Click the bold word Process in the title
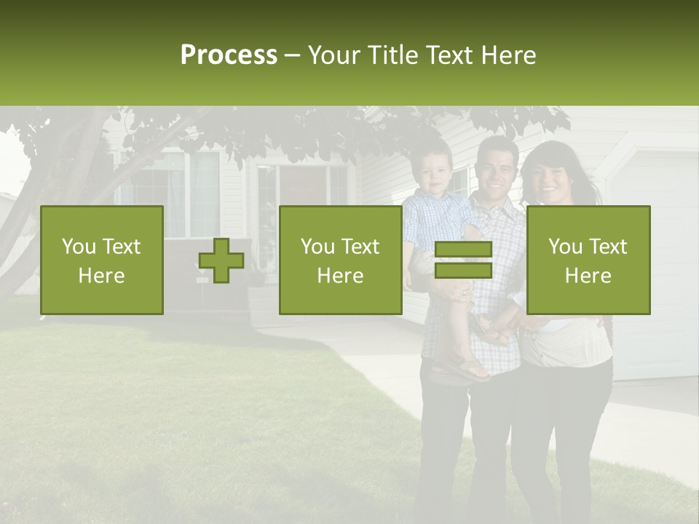229,55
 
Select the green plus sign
221,261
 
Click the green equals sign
463,260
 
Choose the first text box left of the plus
102,260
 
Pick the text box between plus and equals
340,260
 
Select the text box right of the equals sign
588,260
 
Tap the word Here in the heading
510,55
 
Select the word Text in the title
451,55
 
